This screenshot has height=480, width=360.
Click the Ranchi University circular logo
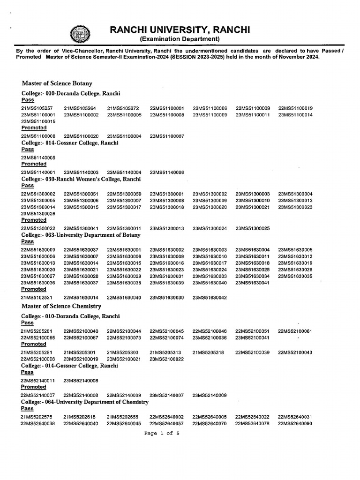(x=79, y=34)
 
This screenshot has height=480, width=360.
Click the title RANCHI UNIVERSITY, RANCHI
(x=180, y=30)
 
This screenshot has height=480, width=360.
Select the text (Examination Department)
(x=180, y=39)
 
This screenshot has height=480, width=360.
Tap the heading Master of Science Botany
(x=57, y=83)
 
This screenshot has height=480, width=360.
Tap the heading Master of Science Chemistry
(x=61, y=306)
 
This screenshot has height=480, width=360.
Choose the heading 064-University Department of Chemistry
(x=85, y=402)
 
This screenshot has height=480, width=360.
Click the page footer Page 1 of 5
(x=163, y=434)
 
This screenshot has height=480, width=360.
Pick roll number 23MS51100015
(x=38, y=121)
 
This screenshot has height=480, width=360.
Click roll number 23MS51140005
(x=38, y=158)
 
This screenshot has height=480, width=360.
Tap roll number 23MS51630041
(x=252, y=283)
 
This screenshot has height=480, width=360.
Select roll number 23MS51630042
(x=210, y=298)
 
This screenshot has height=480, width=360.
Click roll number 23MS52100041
(x=252, y=337)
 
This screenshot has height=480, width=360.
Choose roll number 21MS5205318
(x=210, y=352)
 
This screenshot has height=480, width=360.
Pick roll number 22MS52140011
(x=38, y=381)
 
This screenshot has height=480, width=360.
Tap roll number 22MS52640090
(x=295, y=423)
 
